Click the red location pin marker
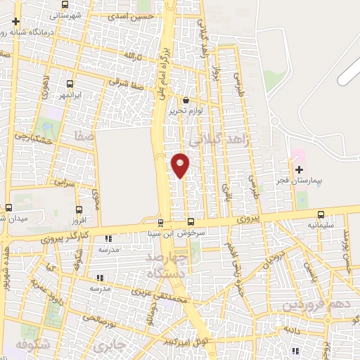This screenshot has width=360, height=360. coord(181,165)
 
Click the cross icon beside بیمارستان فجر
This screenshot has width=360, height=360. coord(300,169)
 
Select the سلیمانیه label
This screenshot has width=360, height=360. coord(321,226)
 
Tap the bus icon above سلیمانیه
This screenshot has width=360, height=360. coord(321,214)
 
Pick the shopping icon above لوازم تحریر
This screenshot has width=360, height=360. coord(186,99)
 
